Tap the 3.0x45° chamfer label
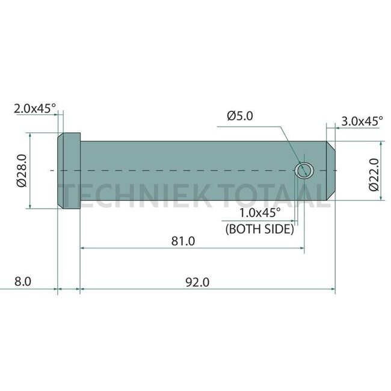362,121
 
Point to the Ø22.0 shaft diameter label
372,174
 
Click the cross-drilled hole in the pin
304,170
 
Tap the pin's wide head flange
69,171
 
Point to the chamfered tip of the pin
331,171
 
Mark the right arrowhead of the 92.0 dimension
333,290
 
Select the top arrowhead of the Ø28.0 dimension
28,135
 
